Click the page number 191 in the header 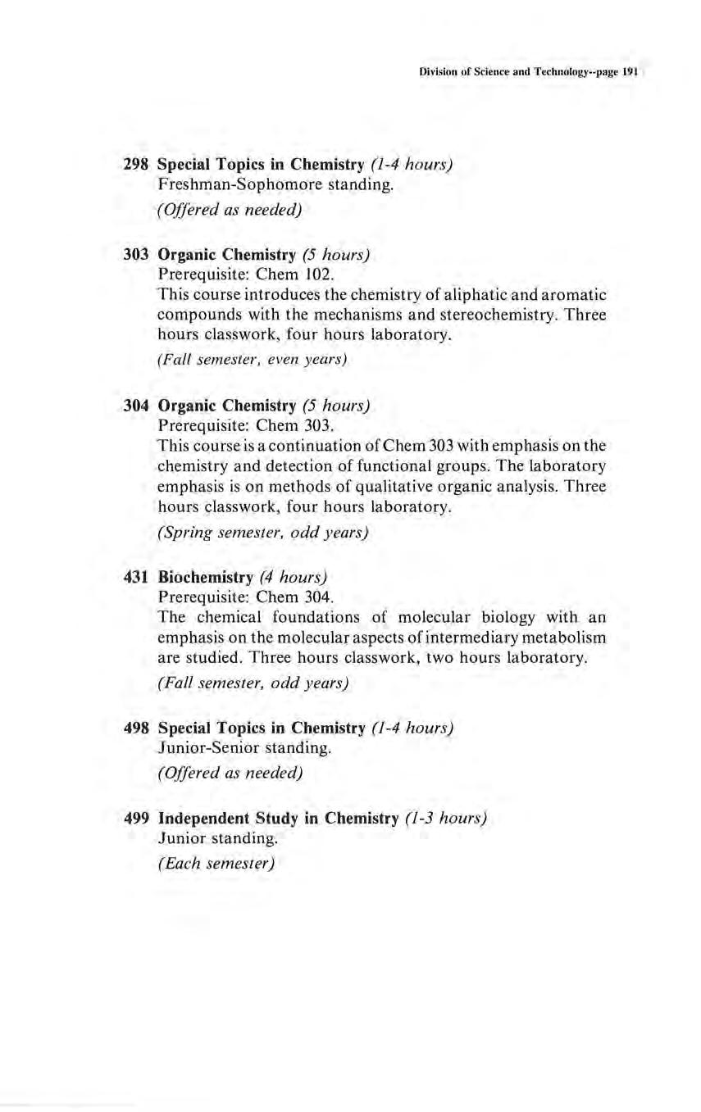pos(630,72)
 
